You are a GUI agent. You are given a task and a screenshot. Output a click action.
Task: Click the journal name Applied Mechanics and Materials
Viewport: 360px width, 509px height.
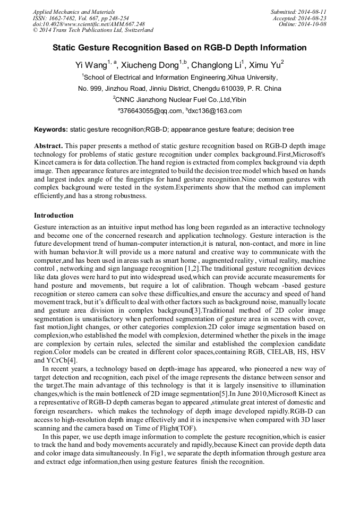click(x=73, y=11)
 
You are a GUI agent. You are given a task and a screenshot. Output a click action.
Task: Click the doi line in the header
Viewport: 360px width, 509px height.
click(x=89, y=24)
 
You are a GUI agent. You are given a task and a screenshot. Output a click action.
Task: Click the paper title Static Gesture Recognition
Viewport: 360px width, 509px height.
click(x=179, y=48)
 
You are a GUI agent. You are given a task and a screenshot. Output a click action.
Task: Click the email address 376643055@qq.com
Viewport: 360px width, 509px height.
click(x=151, y=111)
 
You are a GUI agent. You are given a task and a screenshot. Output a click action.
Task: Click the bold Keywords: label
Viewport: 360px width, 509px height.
click(x=51, y=130)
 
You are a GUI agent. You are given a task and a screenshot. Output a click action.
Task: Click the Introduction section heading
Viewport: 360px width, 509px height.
click(x=54, y=215)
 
